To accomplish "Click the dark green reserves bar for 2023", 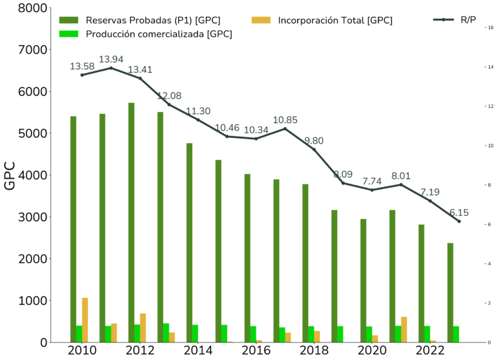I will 450,292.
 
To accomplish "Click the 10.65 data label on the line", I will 285,120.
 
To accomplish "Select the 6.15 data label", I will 459,212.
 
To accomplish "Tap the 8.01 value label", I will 401,175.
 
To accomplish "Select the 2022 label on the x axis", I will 430,350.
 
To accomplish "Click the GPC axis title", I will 10,175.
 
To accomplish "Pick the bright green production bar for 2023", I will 456,333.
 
